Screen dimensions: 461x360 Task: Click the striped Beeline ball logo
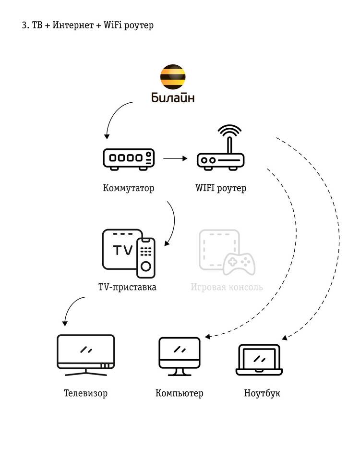[x=173, y=77]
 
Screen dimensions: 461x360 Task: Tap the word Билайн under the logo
[x=173, y=98]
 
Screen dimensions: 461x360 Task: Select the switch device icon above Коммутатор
[x=129, y=159]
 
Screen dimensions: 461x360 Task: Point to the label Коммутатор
[x=129, y=188]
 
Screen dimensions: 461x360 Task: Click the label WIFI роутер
[x=221, y=188]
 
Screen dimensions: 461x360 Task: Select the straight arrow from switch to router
[x=175, y=157]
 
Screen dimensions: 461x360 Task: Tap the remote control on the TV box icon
[x=146, y=257]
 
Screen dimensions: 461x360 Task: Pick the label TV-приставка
[x=127, y=288]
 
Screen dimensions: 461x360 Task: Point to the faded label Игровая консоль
[x=227, y=288]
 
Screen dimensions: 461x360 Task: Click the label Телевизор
[x=86, y=393]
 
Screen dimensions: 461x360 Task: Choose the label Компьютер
[x=180, y=393]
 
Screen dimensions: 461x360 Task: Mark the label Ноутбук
[x=262, y=393]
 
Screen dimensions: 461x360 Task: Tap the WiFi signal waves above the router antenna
[x=229, y=130]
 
